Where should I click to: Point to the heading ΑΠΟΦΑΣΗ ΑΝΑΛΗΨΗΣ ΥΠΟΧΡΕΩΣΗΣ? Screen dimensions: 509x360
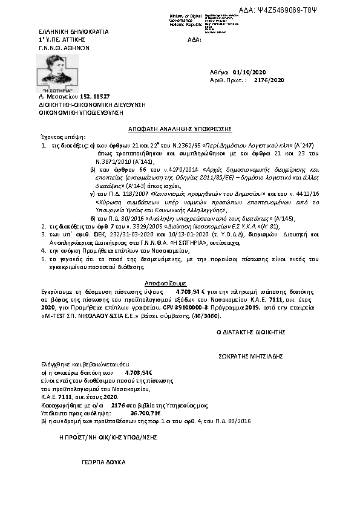pos(180,129)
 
